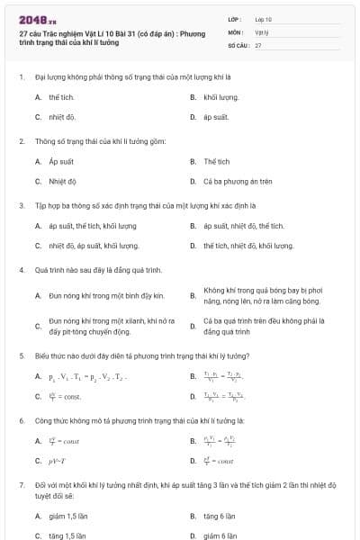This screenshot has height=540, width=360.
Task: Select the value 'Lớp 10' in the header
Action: [x=264, y=18]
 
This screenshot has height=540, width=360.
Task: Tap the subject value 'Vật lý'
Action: [x=263, y=31]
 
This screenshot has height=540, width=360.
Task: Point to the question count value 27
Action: [x=258, y=43]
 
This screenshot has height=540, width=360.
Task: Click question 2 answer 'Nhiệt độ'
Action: [x=63, y=181]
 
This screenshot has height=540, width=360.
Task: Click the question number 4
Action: [x=21, y=269]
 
